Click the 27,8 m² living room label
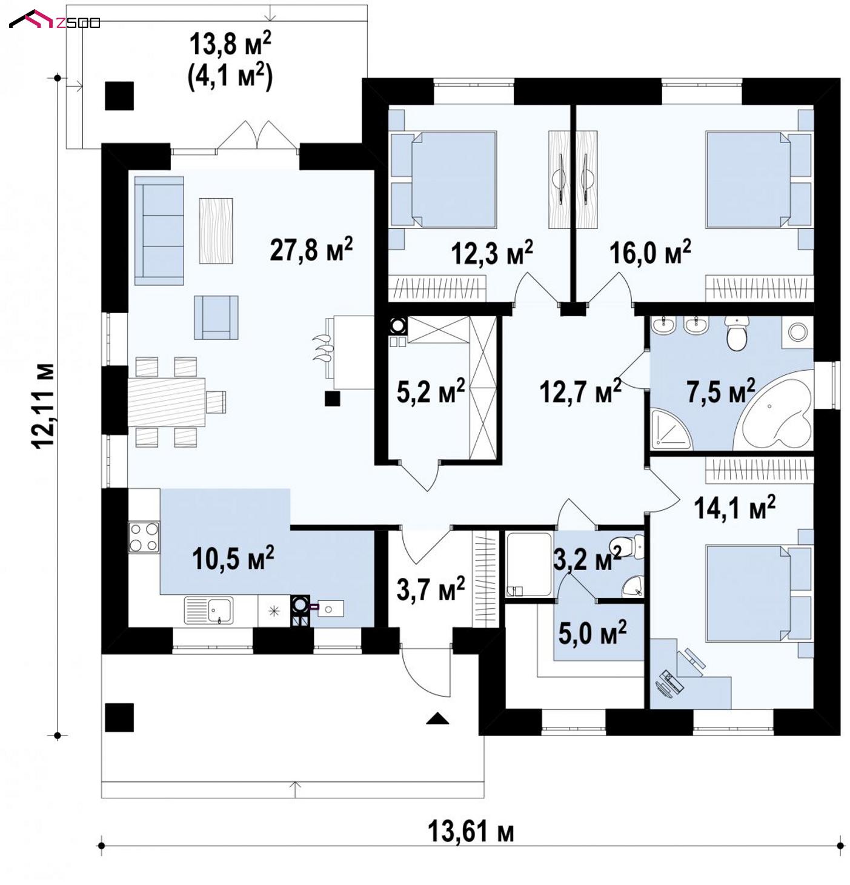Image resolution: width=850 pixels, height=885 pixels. (x=311, y=249)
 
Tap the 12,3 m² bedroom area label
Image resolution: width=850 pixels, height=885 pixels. (x=491, y=253)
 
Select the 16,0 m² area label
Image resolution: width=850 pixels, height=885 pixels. (x=650, y=252)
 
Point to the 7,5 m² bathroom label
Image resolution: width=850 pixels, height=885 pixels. (x=721, y=391)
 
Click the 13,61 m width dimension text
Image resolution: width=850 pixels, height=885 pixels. (x=471, y=831)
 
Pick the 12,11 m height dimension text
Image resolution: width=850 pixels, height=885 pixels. (x=44, y=406)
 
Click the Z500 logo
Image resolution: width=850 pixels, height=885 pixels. (x=55, y=20)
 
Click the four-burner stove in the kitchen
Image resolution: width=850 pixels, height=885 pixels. (x=144, y=537)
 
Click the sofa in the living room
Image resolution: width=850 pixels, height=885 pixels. (x=159, y=231)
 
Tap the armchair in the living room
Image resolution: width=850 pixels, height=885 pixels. (x=216, y=317)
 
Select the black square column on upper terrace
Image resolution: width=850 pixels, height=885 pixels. (x=119, y=96)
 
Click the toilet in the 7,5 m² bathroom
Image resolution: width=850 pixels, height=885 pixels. (x=736, y=333)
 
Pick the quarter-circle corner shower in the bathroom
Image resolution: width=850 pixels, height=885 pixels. (x=671, y=429)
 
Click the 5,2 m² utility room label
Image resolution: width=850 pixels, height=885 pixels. (x=431, y=391)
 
